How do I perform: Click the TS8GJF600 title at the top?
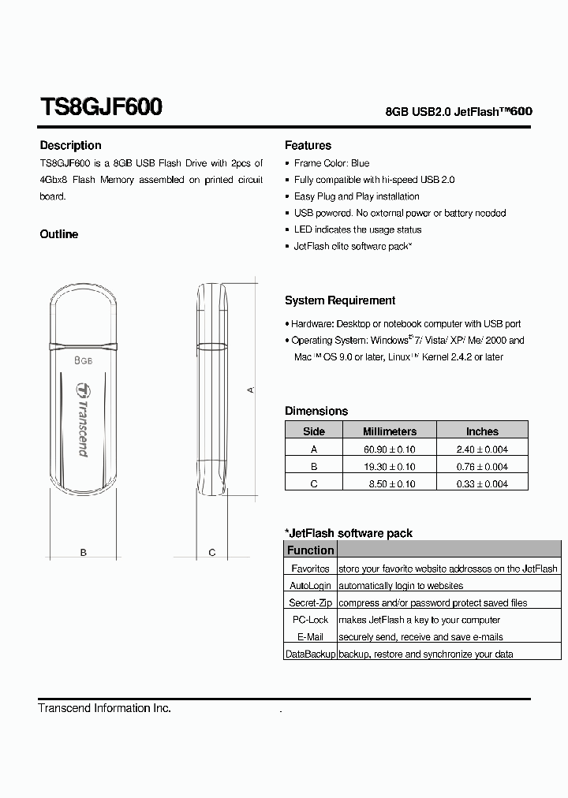[101, 107]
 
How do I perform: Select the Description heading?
[70, 145]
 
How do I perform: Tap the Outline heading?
[59, 234]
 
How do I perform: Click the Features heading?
[308, 145]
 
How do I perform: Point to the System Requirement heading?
[340, 300]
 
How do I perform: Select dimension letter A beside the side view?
[251, 390]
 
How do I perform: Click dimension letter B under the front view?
[84, 553]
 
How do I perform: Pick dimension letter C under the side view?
[212, 553]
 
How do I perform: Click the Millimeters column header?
[389, 431]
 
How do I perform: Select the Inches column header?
[482, 431]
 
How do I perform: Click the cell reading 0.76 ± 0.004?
[482, 466]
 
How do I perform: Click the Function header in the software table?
[310, 550]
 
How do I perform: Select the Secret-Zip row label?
[310, 602]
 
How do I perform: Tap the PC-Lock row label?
[310, 620]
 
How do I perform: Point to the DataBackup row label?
[310, 654]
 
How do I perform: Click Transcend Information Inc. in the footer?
[105, 708]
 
